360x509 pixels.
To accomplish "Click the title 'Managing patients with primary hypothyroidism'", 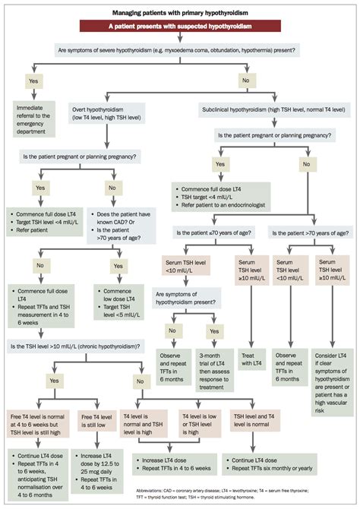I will click(180, 13).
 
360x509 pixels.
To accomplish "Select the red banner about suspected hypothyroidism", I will click(180, 27).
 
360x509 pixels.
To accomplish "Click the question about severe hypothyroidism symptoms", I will click(180, 51).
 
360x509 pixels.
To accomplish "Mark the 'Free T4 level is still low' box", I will click(97, 422).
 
